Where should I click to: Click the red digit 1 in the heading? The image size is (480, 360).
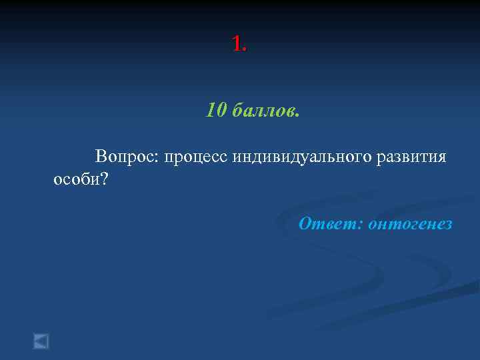237,44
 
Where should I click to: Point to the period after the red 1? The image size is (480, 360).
245,51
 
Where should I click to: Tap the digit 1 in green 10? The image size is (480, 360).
211,110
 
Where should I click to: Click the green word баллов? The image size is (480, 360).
263,110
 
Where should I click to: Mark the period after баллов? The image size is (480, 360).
297,115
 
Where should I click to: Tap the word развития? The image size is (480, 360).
411,158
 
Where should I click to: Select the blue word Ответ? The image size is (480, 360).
328,224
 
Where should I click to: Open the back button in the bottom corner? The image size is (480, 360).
41,341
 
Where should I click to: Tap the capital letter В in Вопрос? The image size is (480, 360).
101,157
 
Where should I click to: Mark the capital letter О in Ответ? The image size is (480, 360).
305,223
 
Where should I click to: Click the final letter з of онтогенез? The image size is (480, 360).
448,225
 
